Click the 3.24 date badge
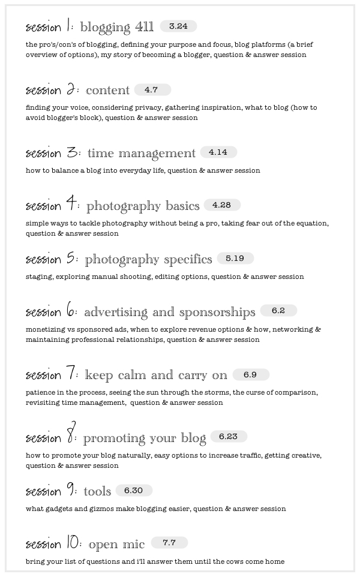[178, 26]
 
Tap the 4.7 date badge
[152, 89]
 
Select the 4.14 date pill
[218, 152]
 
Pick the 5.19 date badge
[235, 259]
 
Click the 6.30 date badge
[133, 490]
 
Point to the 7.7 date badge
[169, 543]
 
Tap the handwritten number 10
[72, 544]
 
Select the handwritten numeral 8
[71, 437]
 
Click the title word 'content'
[107, 91]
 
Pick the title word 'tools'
[97, 492]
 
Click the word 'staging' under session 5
[38, 277]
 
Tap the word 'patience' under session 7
[41, 393]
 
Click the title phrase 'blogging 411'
[116, 28]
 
